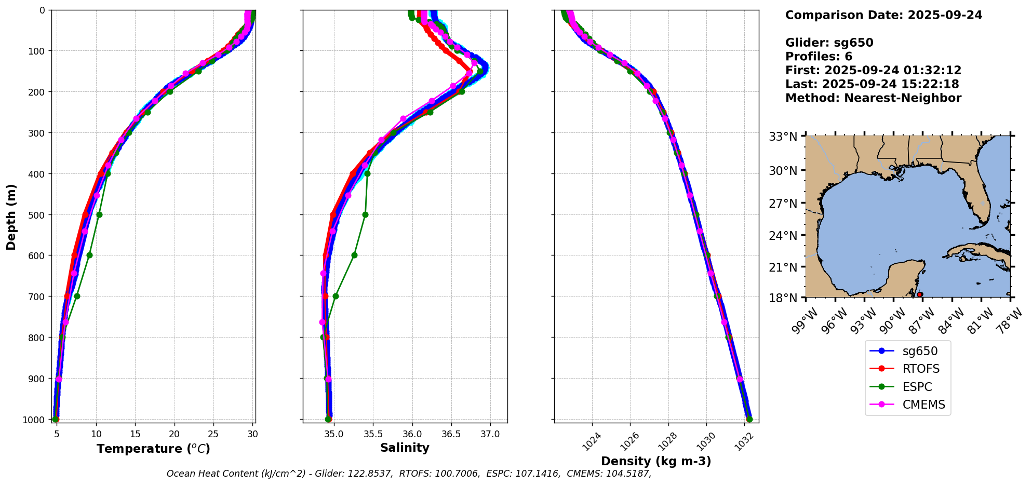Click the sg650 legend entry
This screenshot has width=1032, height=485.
point(920,351)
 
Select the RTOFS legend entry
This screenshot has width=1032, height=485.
point(921,369)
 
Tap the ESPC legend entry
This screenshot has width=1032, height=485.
point(917,387)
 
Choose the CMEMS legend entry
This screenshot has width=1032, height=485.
point(923,405)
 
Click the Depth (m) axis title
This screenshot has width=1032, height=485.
point(11,217)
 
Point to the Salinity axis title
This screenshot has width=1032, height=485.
point(405,448)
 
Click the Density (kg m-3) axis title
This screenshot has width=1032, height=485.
point(656,461)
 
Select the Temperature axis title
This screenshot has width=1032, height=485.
point(153,449)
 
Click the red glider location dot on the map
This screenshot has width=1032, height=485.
point(920,294)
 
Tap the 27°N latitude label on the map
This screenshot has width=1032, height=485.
point(783,204)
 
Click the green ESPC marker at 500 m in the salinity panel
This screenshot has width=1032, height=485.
point(365,214)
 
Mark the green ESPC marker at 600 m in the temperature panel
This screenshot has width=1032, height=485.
point(89,255)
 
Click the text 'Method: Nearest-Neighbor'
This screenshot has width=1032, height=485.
point(873,98)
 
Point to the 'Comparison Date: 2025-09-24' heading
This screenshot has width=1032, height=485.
point(883,15)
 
